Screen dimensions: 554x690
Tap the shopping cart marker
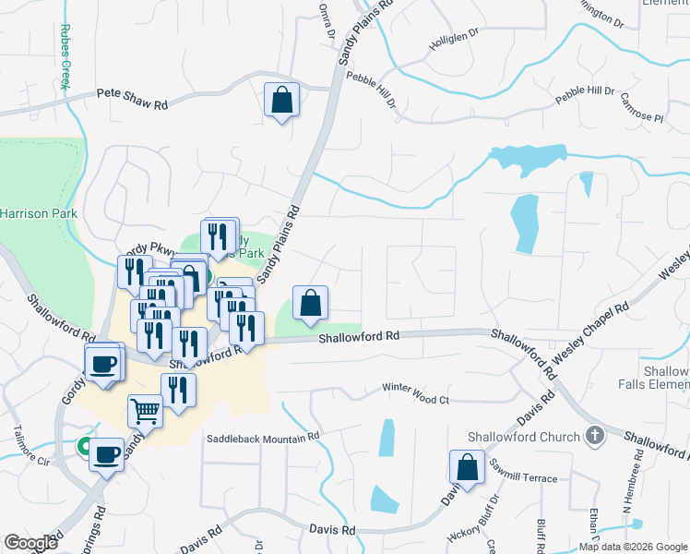[x=145, y=411]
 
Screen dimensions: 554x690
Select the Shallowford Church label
[x=523, y=437]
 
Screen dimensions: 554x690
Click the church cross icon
[x=595, y=436]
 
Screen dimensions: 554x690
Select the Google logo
[x=30, y=543]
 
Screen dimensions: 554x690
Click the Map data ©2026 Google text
[x=632, y=547]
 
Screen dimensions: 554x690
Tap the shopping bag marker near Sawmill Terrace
[x=468, y=468]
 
